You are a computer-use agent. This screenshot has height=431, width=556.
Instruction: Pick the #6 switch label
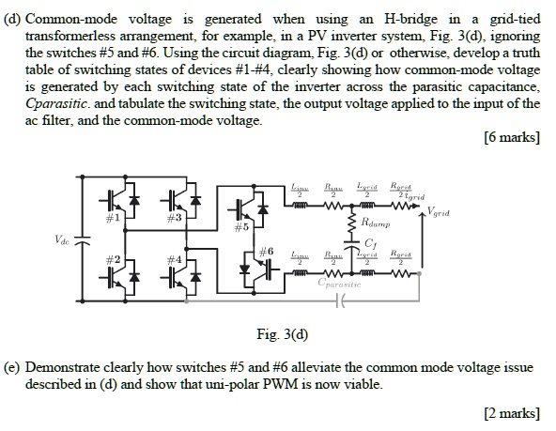(x=265, y=252)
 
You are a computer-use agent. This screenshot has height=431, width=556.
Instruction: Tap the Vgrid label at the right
(x=444, y=213)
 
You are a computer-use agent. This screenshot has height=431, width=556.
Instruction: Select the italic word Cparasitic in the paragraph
(x=60, y=103)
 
